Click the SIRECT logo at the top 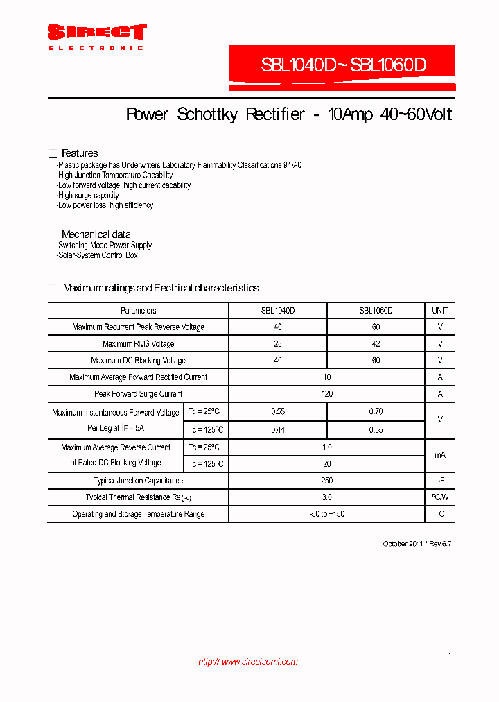[96, 35]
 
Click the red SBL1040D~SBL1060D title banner [342, 66]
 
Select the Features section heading [80, 153]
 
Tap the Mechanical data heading [96, 234]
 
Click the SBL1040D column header [278, 311]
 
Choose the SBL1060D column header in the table [376, 311]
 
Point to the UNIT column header [440, 311]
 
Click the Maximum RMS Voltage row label [139, 344]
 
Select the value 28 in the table [278, 344]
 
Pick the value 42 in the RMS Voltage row [376, 344]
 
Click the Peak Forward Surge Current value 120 [327, 394]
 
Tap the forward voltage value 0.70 [376, 411]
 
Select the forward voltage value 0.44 [278, 430]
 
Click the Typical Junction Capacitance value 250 [327, 481]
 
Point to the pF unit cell [440, 481]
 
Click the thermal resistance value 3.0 [327, 497]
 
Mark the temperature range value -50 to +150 [327, 514]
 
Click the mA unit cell [440, 455]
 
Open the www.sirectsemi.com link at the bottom [248, 662]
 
